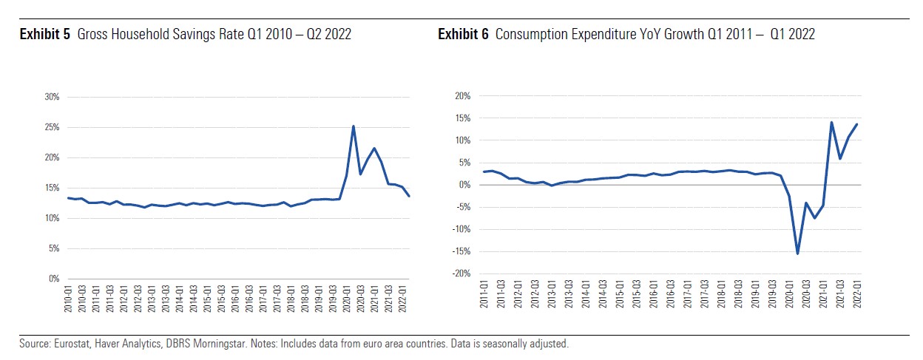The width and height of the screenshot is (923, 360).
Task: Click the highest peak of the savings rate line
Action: pyautogui.click(x=354, y=126)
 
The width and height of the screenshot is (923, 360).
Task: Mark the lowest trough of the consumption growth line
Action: pyautogui.click(x=798, y=254)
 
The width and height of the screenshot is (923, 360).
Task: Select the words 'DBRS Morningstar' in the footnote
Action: pyautogui.click(x=166, y=344)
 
